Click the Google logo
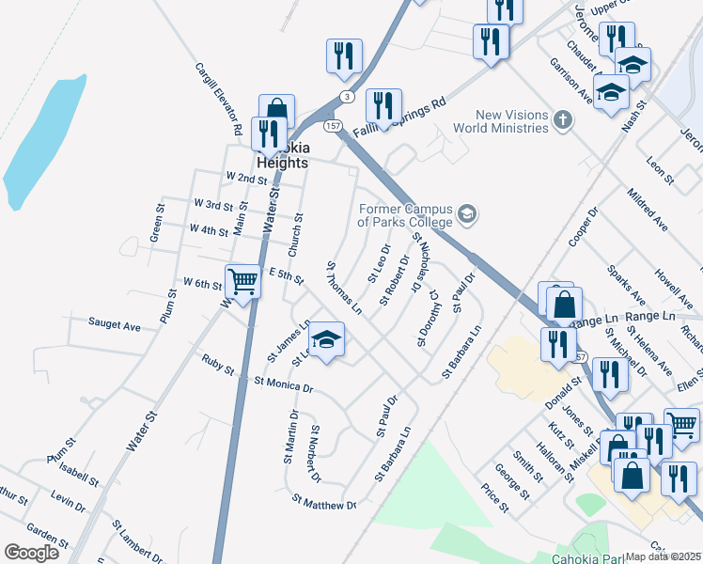[31, 553]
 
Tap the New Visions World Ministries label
[499, 120]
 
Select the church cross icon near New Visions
[562, 119]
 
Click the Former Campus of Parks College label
[405, 216]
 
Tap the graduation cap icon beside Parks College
[467, 216]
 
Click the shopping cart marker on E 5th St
[243, 280]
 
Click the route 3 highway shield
[347, 97]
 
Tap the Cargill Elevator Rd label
[219, 98]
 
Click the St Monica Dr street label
[283, 384]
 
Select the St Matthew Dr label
[324, 504]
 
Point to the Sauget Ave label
[114, 325]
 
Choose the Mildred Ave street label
[648, 210]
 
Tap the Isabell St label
[79, 473]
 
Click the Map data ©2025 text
[664, 556]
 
